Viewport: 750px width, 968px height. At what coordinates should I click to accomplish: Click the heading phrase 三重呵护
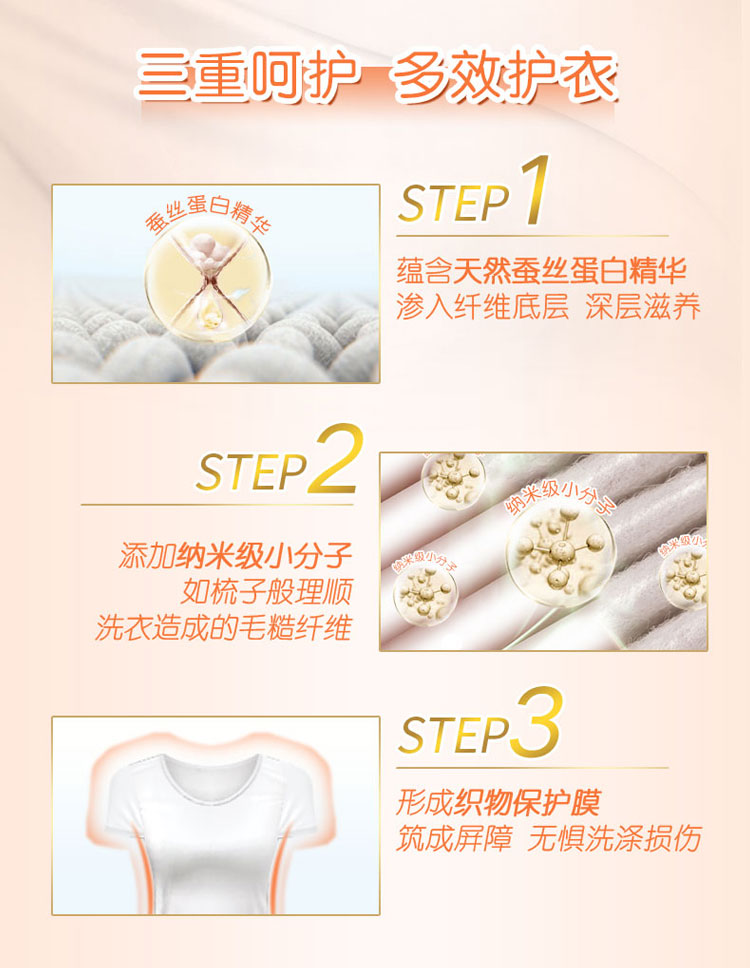pyautogui.click(x=246, y=77)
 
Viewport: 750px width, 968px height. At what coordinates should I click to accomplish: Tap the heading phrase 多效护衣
pyautogui.click(x=504, y=77)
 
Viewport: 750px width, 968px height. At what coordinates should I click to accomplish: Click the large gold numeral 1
pyautogui.click(x=535, y=190)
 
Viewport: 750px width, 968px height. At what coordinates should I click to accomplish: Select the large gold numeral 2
pyautogui.click(x=336, y=457)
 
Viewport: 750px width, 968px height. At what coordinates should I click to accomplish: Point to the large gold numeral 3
pyautogui.click(x=537, y=720)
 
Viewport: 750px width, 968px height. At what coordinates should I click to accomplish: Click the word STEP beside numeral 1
pyautogui.click(x=454, y=202)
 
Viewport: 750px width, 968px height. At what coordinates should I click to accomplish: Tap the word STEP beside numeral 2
pyautogui.click(x=251, y=472)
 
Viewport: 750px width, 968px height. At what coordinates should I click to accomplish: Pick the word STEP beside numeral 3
pyautogui.click(x=454, y=734)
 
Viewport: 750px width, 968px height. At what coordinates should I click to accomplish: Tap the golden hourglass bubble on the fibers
pyautogui.click(x=208, y=282)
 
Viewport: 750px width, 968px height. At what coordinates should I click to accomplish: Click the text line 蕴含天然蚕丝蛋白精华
pyautogui.click(x=541, y=271)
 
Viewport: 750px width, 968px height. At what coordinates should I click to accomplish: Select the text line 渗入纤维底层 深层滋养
pyautogui.click(x=548, y=307)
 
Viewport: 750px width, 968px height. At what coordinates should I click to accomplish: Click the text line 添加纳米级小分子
pyautogui.click(x=236, y=556)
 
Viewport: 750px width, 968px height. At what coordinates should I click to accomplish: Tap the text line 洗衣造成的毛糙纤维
pyautogui.click(x=223, y=627)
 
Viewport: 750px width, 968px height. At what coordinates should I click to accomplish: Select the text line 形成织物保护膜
pyautogui.click(x=498, y=803)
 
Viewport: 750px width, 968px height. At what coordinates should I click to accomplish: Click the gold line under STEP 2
pyautogui.click(x=217, y=504)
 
